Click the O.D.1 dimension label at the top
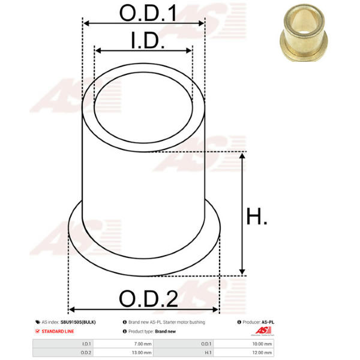(x=148, y=13)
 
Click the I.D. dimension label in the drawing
(x=148, y=40)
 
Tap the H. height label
(x=257, y=216)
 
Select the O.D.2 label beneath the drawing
(x=148, y=298)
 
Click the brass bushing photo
(x=304, y=32)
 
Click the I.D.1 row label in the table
(x=86, y=344)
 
